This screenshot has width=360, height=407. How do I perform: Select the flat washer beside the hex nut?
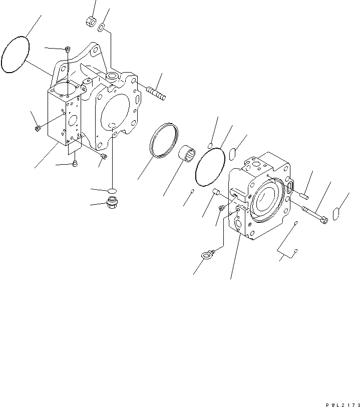(x=102, y=28)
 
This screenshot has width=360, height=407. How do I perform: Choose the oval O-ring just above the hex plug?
(x=112, y=190)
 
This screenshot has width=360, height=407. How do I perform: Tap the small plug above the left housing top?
(x=68, y=49)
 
